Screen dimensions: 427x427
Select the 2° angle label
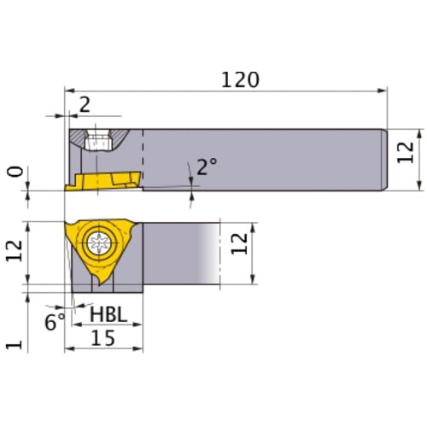click(x=206, y=167)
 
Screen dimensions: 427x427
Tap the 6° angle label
click(x=55, y=323)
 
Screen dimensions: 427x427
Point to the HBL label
click(x=108, y=316)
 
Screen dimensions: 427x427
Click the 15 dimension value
click(x=104, y=338)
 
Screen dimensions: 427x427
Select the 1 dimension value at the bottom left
click(x=13, y=344)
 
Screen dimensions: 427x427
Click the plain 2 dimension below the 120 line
click(x=84, y=105)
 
